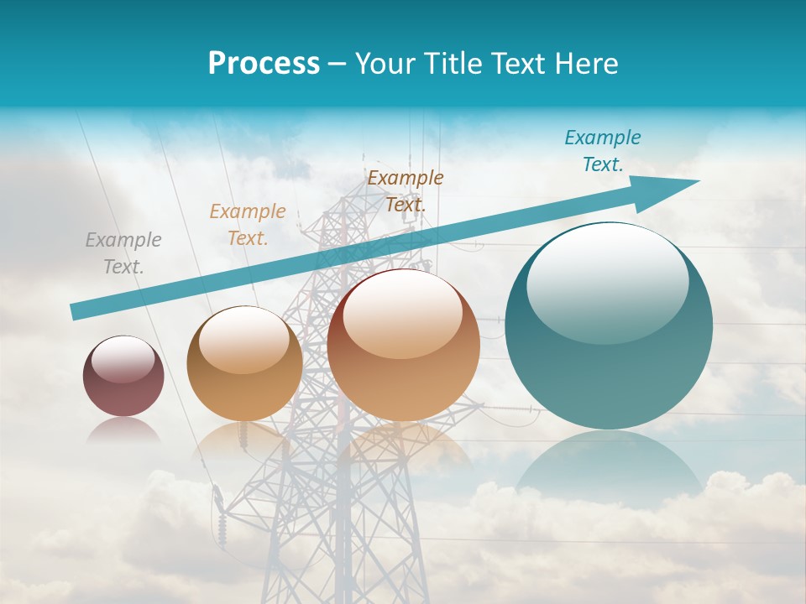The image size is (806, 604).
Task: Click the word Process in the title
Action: (264, 64)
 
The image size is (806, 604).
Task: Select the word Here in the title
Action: (587, 64)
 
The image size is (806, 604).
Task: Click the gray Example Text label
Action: (123, 253)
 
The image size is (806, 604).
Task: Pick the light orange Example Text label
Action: (248, 224)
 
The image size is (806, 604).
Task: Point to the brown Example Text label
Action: (406, 190)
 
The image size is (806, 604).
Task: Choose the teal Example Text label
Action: (602, 150)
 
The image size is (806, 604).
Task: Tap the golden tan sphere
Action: (244, 364)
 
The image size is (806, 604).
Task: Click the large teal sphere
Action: (609, 326)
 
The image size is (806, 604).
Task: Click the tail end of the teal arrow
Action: (74, 312)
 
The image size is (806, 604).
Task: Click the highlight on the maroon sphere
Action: (123, 359)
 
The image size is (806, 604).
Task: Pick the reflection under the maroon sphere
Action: (123, 430)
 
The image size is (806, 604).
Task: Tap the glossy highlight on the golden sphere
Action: (244, 340)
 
